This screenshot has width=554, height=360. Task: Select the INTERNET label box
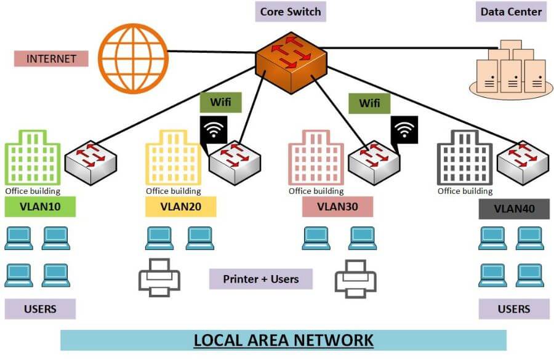[51, 59]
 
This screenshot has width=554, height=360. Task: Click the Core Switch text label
[290, 12]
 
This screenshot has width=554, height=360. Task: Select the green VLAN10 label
[40, 206]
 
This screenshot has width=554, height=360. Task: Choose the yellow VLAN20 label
[181, 206]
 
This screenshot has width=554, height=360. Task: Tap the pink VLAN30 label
[337, 206]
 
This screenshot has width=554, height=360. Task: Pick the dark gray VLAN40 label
[514, 209]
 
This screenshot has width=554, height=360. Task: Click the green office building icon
[32, 156]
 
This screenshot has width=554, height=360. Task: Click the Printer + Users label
[260, 279]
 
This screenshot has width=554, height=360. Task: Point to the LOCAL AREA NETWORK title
[283, 340]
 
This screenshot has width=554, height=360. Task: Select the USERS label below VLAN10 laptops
[40, 309]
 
